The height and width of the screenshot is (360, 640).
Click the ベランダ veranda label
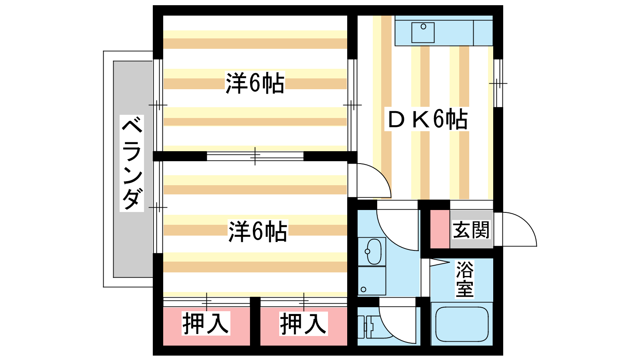(x=132, y=163)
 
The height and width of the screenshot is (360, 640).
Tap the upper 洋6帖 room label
(x=255, y=83)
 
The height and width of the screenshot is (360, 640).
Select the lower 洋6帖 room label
(x=258, y=232)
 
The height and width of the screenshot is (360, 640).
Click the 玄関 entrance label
(x=471, y=230)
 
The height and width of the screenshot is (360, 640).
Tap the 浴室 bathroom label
(x=464, y=279)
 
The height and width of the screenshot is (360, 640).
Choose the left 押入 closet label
(x=206, y=324)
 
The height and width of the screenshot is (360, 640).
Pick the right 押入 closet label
(x=303, y=324)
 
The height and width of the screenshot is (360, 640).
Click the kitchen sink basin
(x=423, y=32)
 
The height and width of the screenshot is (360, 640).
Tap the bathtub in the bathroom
(x=462, y=324)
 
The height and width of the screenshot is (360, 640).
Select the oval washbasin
(x=374, y=252)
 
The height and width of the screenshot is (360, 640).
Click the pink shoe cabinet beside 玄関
(x=440, y=230)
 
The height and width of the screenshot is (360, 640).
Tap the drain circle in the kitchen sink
(x=424, y=26)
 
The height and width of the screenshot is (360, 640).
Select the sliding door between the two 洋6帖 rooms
(x=255, y=156)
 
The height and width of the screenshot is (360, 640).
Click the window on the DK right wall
(x=498, y=83)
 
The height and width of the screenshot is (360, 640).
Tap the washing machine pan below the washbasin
(x=372, y=281)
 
